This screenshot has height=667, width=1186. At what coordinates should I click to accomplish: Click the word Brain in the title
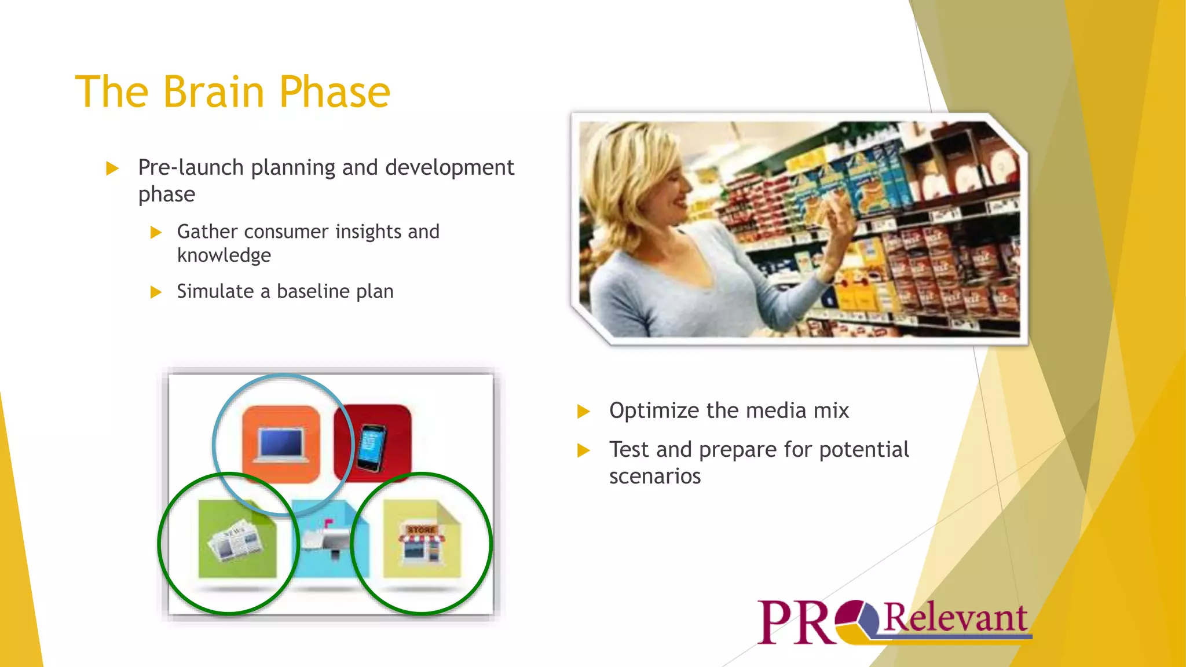(x=214, y=91)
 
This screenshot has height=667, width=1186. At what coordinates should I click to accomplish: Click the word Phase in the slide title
(x=335, y=91)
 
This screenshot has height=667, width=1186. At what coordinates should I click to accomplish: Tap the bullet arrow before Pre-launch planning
(x=112, y=168)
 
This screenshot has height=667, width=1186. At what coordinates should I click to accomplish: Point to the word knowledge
(x=224, y=255)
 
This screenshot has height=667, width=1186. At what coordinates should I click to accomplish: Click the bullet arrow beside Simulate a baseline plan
(x=156, y=292)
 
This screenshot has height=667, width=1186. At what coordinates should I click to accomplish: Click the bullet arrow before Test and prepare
(x=584, y=450)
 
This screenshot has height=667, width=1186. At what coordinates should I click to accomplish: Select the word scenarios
(x=654, y=477)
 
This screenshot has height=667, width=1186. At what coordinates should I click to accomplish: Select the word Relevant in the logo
(x=955, y=618)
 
